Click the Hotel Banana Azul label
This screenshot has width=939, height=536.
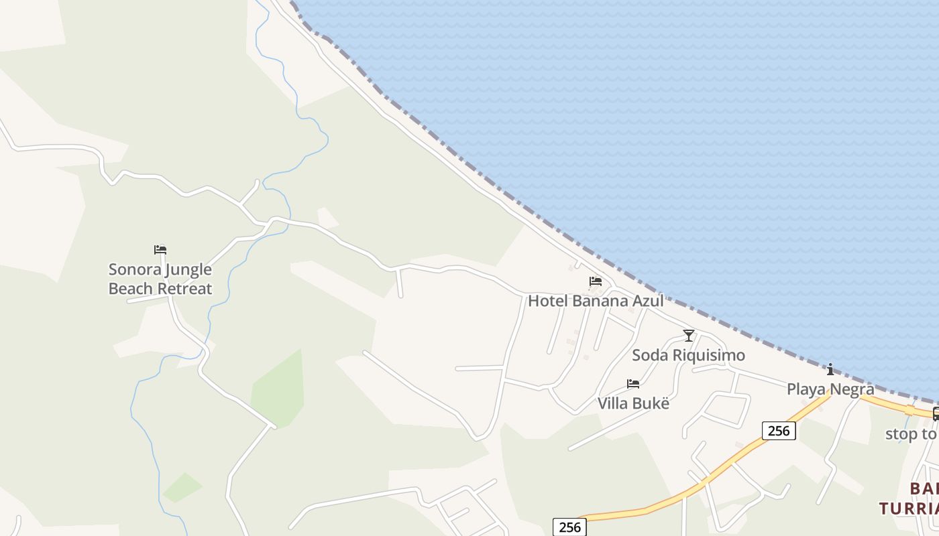[x=596, y=301]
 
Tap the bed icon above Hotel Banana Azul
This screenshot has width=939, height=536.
[x=596, y=281]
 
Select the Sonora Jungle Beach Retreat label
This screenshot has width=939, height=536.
[x=160, y=279]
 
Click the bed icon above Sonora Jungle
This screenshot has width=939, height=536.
[x=160, y=250]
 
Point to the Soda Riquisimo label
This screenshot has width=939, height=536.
[x=688, y=355]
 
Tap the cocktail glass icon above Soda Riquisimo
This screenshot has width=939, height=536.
[x=688, y=335]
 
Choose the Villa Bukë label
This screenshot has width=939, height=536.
[x=633, y=403]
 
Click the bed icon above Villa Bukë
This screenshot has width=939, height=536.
[x=633, y=384]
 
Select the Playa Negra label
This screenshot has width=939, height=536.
[x=830, y=389]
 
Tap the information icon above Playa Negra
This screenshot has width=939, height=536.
[x=830, y=369]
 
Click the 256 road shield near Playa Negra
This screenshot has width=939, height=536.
[x=779, y=430]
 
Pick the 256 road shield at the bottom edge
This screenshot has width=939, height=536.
[x=569, y=527]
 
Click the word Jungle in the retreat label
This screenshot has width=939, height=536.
[x=188, y=270]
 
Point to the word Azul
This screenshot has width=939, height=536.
[x=644, y=301]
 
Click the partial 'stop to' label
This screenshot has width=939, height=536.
[x=911, y=434]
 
